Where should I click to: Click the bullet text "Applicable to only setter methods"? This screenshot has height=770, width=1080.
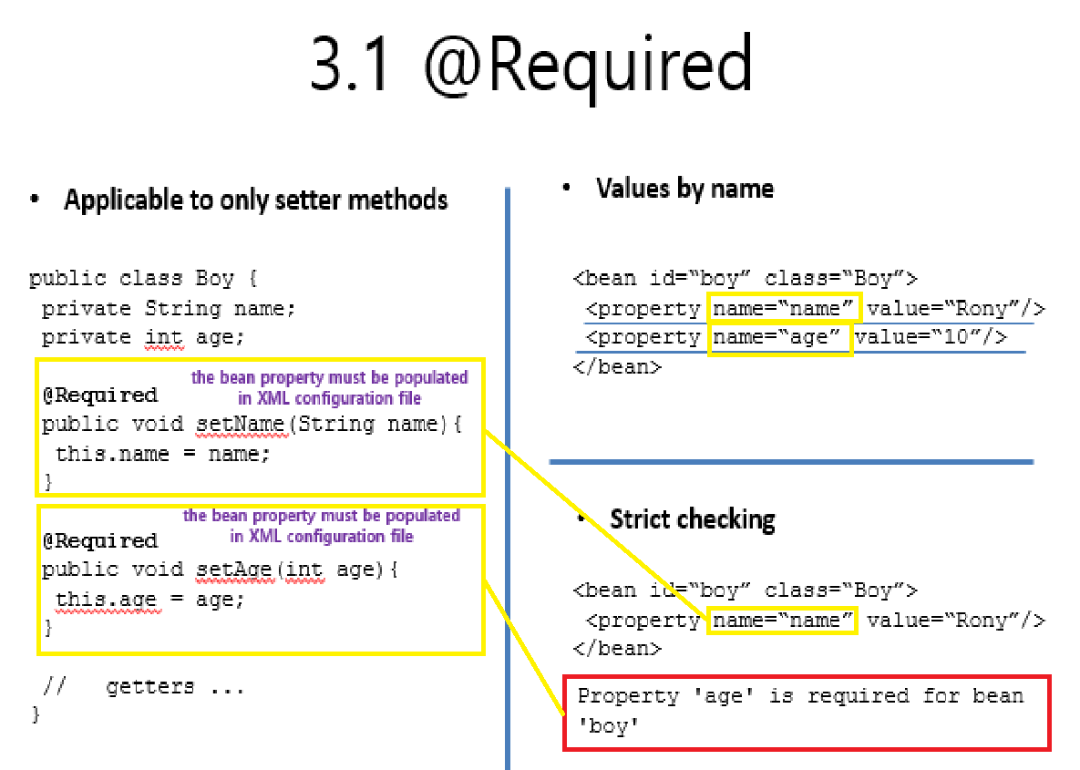point(255,200)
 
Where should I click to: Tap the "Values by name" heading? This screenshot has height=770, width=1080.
point(684,189)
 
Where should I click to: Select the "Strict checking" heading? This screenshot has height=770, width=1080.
point(692,519)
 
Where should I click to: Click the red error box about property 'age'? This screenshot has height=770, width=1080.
point(807,712)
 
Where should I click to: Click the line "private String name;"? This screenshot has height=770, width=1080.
point(169,308)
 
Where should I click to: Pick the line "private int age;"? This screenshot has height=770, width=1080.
point(143,337)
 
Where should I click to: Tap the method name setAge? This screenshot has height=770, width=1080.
point(234,570)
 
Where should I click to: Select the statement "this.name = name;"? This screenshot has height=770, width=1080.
point(163,453)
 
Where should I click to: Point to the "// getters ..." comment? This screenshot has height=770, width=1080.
point(144,687)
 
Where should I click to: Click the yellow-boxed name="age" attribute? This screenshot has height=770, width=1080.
point(780,338)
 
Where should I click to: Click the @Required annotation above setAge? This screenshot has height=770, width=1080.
point(100,540)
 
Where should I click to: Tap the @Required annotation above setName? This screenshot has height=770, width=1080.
point(100,395)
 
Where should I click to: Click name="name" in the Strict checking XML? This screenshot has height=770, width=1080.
point(783,621)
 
